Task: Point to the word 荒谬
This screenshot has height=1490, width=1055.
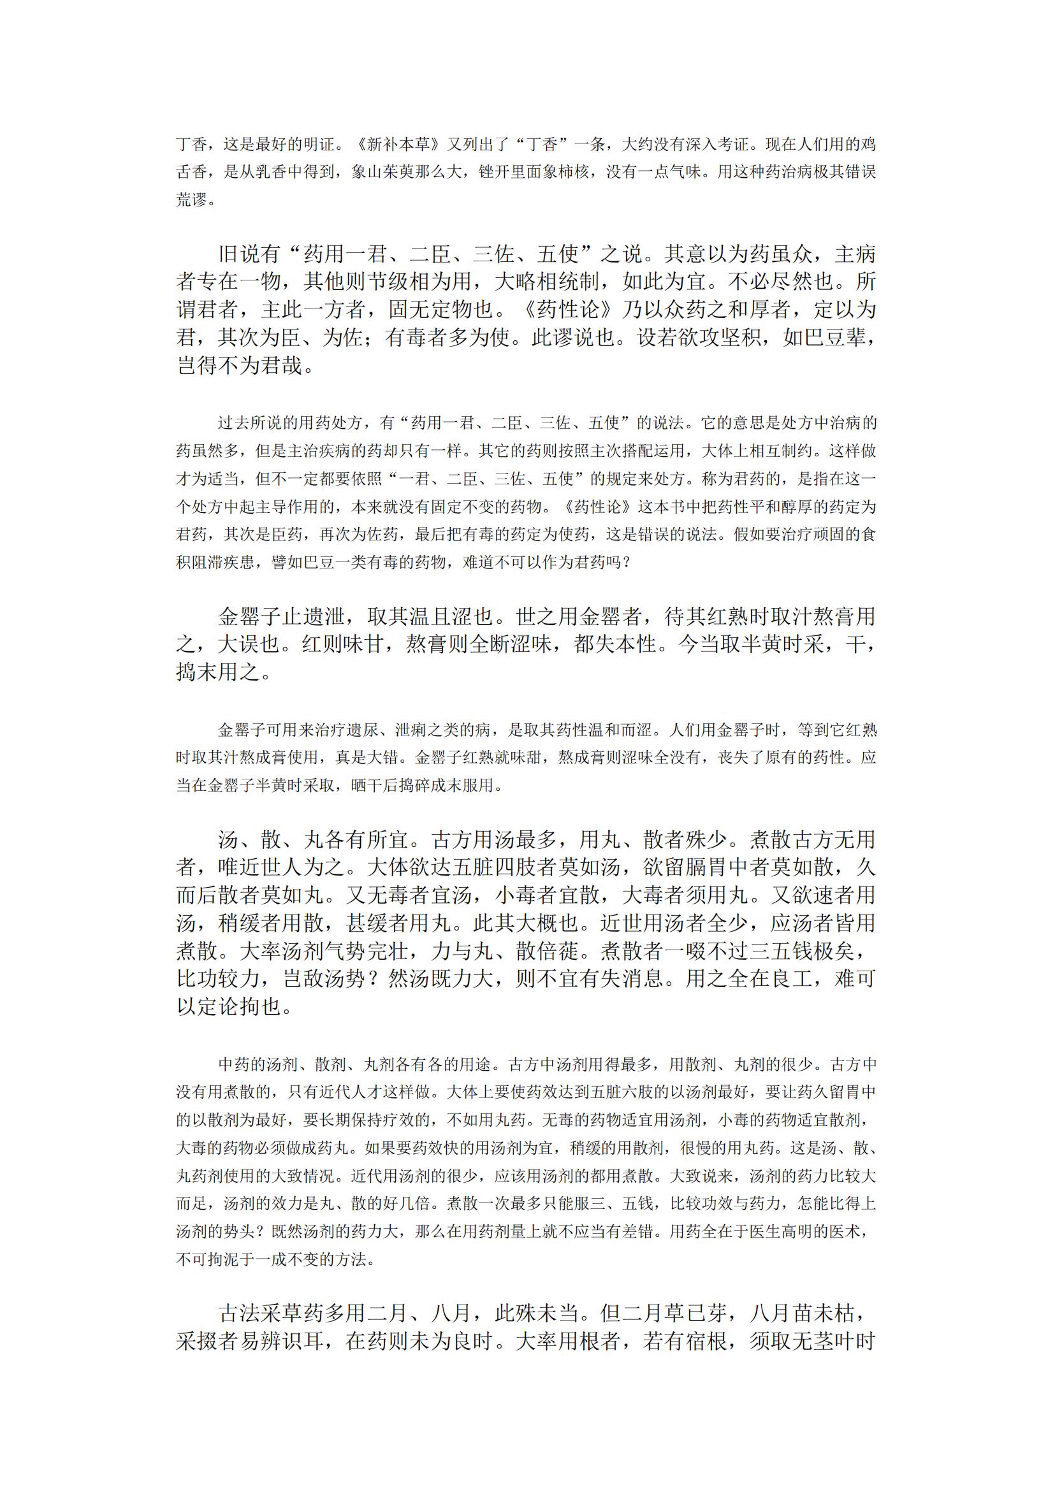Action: point(192,200)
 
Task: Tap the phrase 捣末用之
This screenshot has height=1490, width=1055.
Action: point(218,672)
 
